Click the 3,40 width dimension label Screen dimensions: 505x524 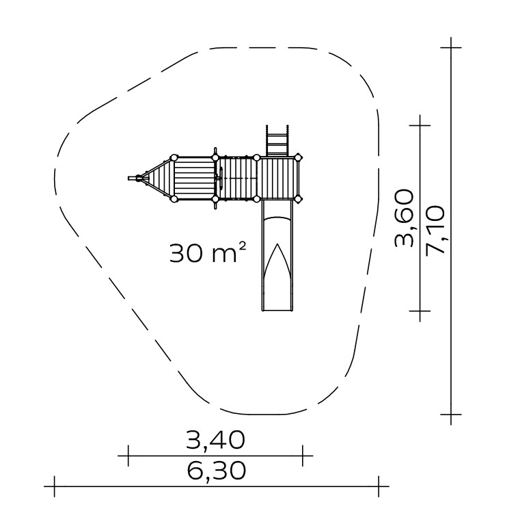[216, 440]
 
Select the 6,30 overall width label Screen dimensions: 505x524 [217, 471]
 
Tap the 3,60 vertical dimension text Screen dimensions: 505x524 [404, 218]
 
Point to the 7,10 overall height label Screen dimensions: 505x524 [435, 230]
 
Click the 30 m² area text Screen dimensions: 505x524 [208, 252]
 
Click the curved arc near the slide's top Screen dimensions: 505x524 [277, 219]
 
